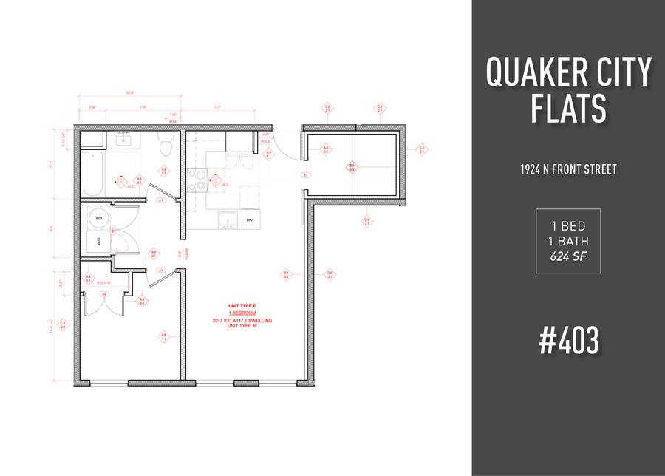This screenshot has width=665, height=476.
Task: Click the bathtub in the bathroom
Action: [x=94, y=173]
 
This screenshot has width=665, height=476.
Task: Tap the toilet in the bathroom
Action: [x=166, y=148]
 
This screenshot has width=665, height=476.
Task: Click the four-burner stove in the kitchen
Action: [x=197, y=180]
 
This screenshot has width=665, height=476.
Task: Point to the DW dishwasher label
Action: [x=250, y=220]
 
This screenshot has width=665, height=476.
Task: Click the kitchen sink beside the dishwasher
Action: [x=226, y=220]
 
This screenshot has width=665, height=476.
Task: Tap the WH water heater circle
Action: [x=98, y=218]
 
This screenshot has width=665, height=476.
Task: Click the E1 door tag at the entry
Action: [x=304, y=175]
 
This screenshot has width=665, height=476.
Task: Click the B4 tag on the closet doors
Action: [x=105, y=294]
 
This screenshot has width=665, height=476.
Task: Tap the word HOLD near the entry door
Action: [x=266, y=141]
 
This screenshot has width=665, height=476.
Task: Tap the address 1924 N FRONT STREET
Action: [x=567, y=169]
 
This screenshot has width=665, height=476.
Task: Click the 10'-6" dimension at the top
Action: [x=130, y=93]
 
